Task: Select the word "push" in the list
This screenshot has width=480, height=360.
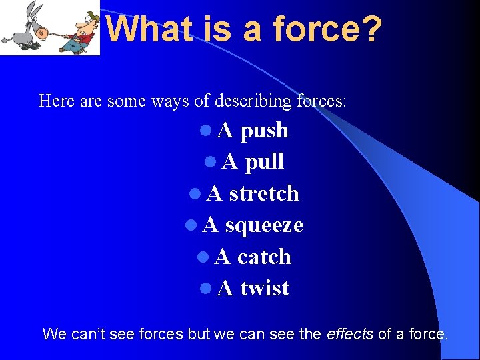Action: (264, 130)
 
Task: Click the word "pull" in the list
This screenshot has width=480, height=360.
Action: (265, 162)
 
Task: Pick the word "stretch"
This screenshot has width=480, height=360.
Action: (264, 193)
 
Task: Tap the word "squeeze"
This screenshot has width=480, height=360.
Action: (264, 225)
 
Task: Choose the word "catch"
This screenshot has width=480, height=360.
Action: (264, 257)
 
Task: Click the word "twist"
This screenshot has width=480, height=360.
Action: (265, 288)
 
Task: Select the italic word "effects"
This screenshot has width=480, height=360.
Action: (350, 334)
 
